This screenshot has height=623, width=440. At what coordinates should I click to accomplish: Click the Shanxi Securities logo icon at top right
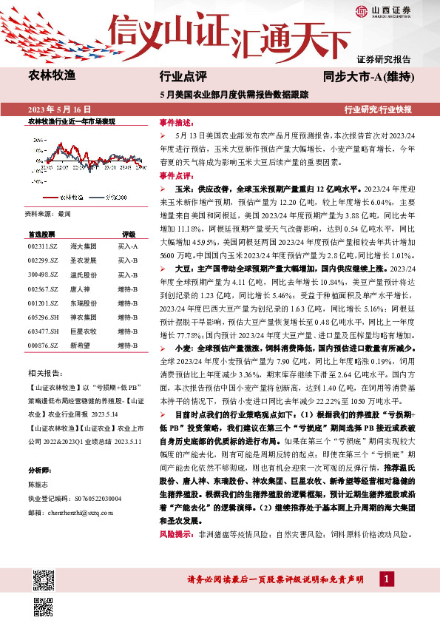(x=361, y=10)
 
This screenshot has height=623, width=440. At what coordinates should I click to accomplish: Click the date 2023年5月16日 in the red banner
(x=55, y=109)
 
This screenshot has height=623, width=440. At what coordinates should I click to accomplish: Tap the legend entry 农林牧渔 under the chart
(x=70, y=198)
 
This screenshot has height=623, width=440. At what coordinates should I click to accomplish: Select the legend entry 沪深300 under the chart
(x=114, y=198)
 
